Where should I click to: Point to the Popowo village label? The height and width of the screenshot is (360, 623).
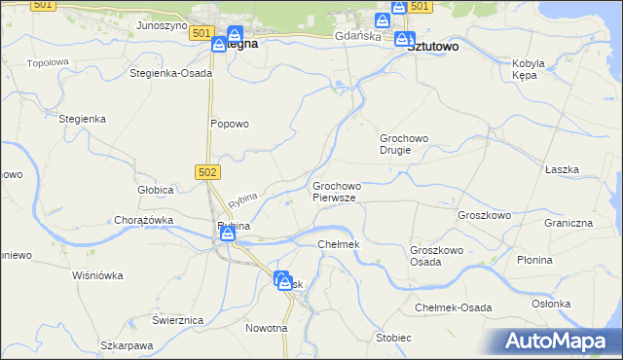pyautogui.click(x=231, y=124)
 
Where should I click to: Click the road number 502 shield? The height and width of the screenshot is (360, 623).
pyautogui.click(x=207, y=171)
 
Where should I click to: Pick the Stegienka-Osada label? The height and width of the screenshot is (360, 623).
pyautogui.click(x=171, y=73)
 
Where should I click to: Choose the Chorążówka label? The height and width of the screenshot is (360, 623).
pyautogui.click(x=144, y=220)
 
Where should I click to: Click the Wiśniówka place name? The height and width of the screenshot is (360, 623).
pyautogui.click(x=98, y=275)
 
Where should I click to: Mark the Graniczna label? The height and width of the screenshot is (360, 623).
pyautogui.click(x=569, y=223)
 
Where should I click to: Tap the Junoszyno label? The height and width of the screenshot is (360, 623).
pyautogui.click(x=162, y=25)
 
